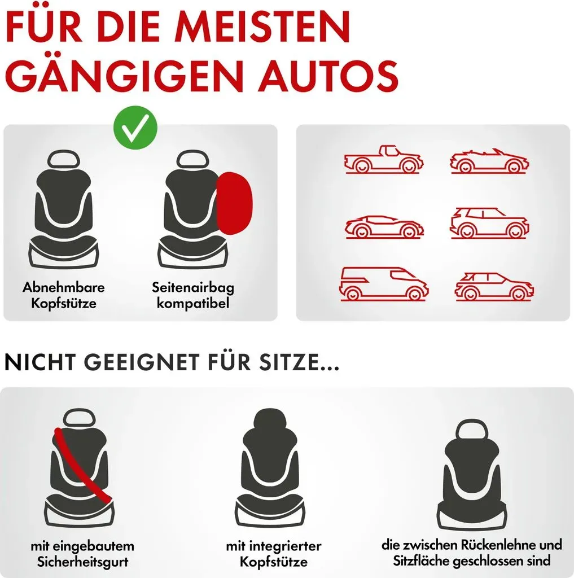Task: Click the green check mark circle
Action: (135, 128)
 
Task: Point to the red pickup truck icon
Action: (384, 159)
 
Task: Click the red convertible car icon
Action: (489, 161)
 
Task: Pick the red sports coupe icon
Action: (384, 226)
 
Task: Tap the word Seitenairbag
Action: (193, 287)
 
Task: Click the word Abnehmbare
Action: (63, 287)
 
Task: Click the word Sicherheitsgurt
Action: (82, 562)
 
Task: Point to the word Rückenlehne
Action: (501, 545)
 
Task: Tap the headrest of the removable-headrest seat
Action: (63, 160)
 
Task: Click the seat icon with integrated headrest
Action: (270, 467)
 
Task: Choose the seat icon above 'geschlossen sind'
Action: (471, 475)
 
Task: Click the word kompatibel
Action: (193, 303)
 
